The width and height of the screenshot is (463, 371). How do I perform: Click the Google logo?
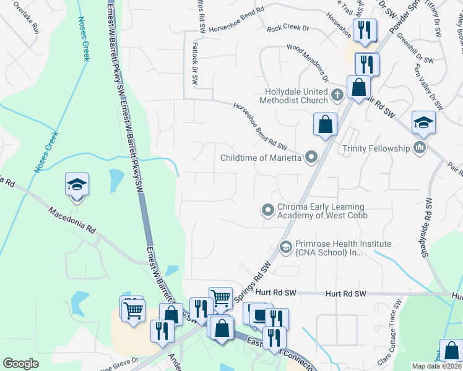pos(20,364)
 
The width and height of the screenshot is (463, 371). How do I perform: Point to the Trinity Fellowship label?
pos(377,148)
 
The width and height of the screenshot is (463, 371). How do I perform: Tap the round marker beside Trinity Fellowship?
pos(420,148)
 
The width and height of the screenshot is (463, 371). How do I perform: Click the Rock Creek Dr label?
pos(288,28)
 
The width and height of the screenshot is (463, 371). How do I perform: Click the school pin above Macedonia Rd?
pos(77,185)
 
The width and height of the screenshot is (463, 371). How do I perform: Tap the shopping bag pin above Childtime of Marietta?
pos(325,126)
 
